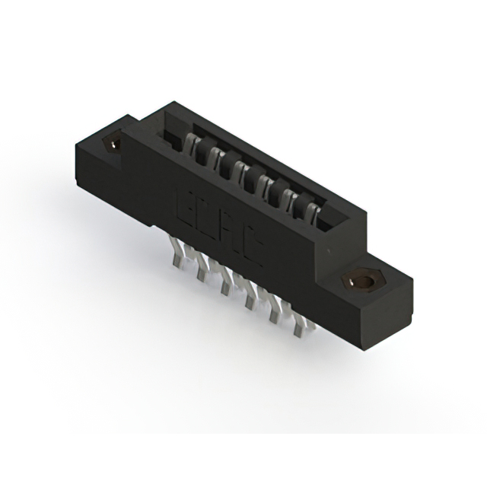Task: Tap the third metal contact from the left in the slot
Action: (x=242, y=167)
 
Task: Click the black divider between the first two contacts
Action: (x=207, y=151)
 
